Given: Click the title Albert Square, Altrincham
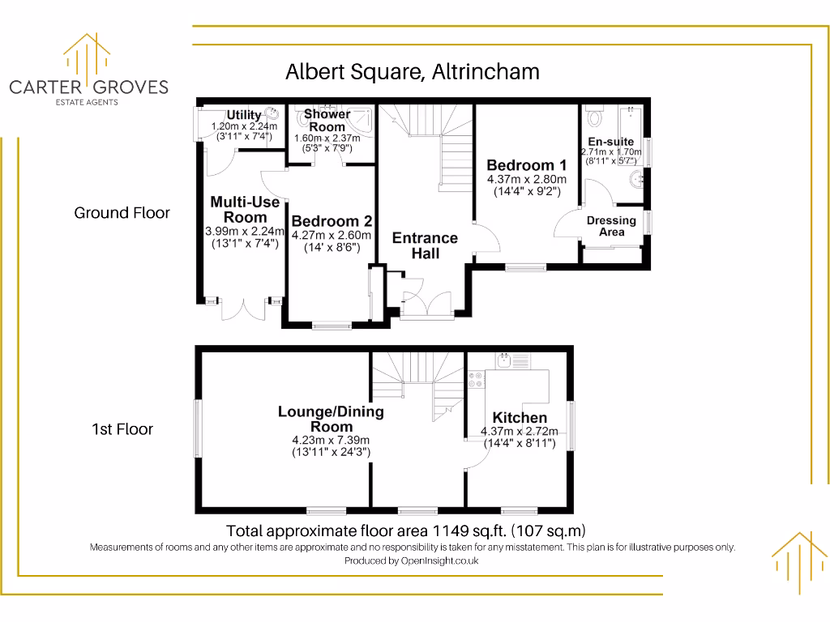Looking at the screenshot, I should click(413, 72).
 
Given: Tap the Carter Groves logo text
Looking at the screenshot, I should click(88, 87).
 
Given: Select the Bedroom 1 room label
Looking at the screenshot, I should click(526, 166).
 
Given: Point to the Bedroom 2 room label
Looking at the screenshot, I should click(332, 221).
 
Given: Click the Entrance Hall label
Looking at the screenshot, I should click(425, 245).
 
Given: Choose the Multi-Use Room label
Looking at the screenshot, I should click(245, 209).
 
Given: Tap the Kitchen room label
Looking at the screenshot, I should click(520, 418).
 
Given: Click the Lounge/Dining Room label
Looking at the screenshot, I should click(331, 419).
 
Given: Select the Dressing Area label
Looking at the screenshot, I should click(611, 226).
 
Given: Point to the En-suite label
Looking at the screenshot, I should click(611, 142).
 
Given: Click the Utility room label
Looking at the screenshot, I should click(243, 115).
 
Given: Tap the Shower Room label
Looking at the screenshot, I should click(327, 121).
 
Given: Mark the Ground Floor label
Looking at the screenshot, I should click(122, 213).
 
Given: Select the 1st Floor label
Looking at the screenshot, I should click(122, 429).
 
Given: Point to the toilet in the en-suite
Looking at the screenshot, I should click(596, 118).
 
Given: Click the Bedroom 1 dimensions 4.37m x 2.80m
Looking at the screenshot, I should click(526, 180).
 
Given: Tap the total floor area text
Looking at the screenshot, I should click(405, 531).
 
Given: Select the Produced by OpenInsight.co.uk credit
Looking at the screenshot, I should click(411, 560).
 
